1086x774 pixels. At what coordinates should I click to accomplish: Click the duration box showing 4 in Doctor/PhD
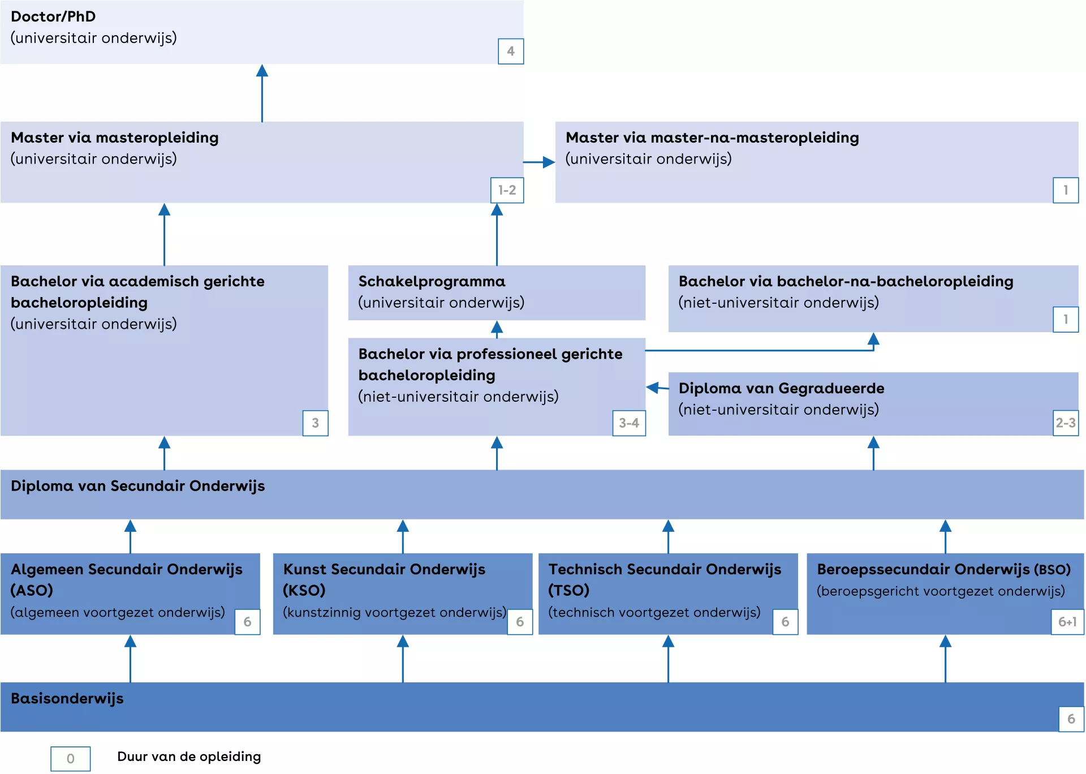(x=510, y=51)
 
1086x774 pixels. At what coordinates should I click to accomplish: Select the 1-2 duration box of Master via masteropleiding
(x=507, y=190)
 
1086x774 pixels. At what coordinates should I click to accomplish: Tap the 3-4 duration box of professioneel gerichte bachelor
(x=628, y=423)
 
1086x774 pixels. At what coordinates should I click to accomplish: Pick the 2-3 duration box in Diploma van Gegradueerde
(x=1065, y=423)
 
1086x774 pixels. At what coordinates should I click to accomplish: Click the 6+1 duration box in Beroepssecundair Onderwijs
(x=1067, y=622)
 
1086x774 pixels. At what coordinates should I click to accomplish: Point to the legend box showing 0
(x=70, y=758)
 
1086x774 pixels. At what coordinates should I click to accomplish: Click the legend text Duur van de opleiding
(x=189, y=756)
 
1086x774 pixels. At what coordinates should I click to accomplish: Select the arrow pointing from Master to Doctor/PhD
(x=262, y=93)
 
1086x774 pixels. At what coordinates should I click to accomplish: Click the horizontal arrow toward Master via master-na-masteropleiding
(x=539, y=162)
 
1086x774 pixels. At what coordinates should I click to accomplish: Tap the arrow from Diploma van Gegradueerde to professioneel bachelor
(x=657, y=388)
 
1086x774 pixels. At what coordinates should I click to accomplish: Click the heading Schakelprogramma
(x=432, y=281)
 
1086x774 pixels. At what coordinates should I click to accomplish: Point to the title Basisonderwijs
(x=67, y=698)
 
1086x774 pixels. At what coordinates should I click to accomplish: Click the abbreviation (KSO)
(x=304, y=590)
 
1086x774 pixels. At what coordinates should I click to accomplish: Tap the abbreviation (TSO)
(x=568, y=590)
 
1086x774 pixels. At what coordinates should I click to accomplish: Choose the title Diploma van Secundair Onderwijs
(x=137, y=486)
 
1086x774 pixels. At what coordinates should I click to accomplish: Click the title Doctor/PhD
(x=53, y=16)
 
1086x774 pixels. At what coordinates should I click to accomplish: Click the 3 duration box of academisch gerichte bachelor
(x=315, y=423)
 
